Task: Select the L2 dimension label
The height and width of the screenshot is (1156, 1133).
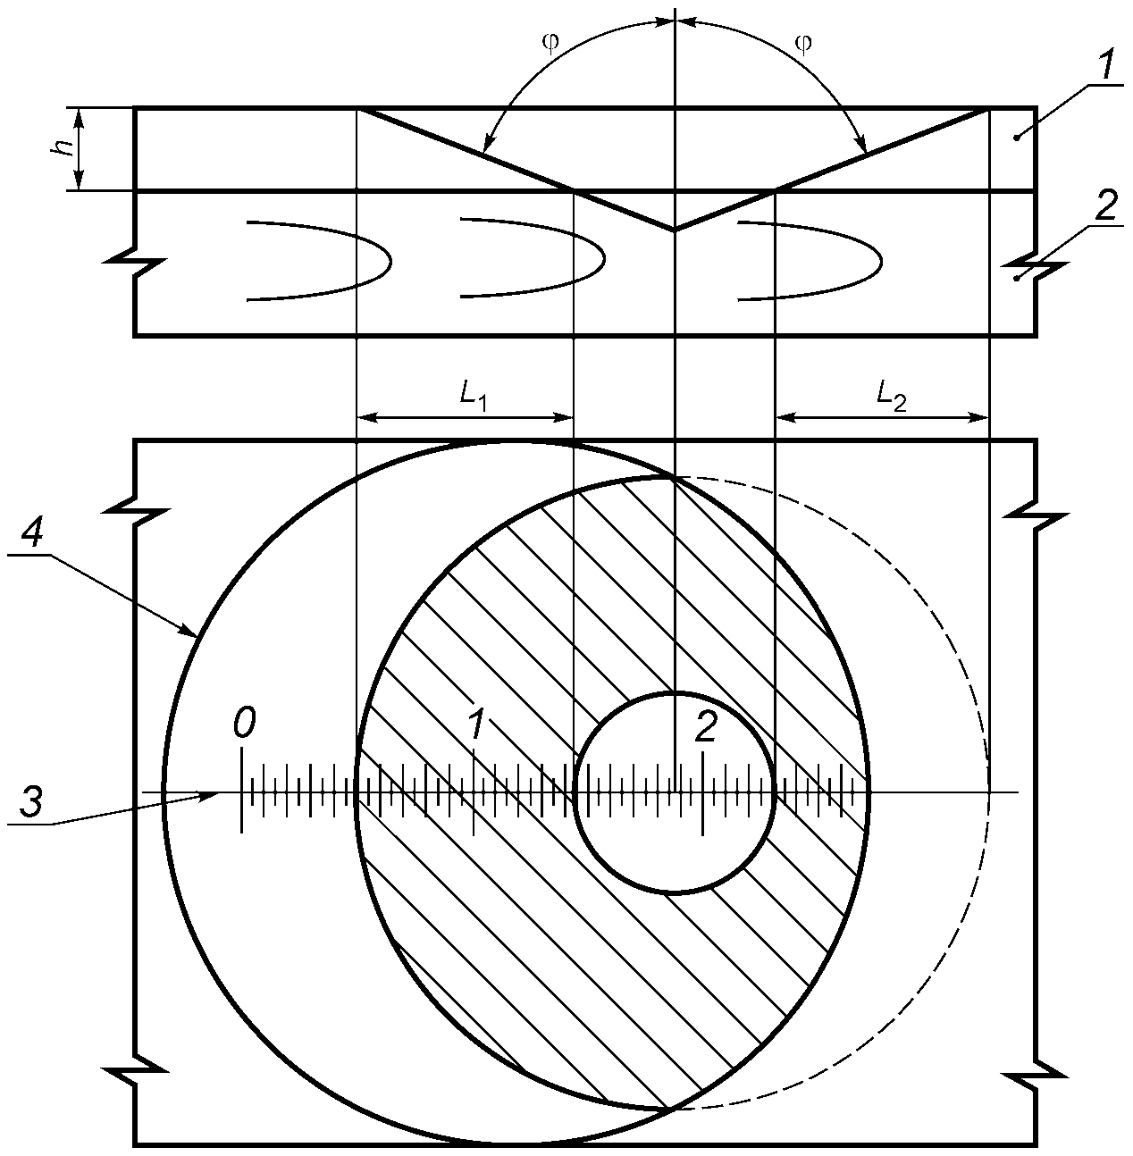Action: pos(891,398)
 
